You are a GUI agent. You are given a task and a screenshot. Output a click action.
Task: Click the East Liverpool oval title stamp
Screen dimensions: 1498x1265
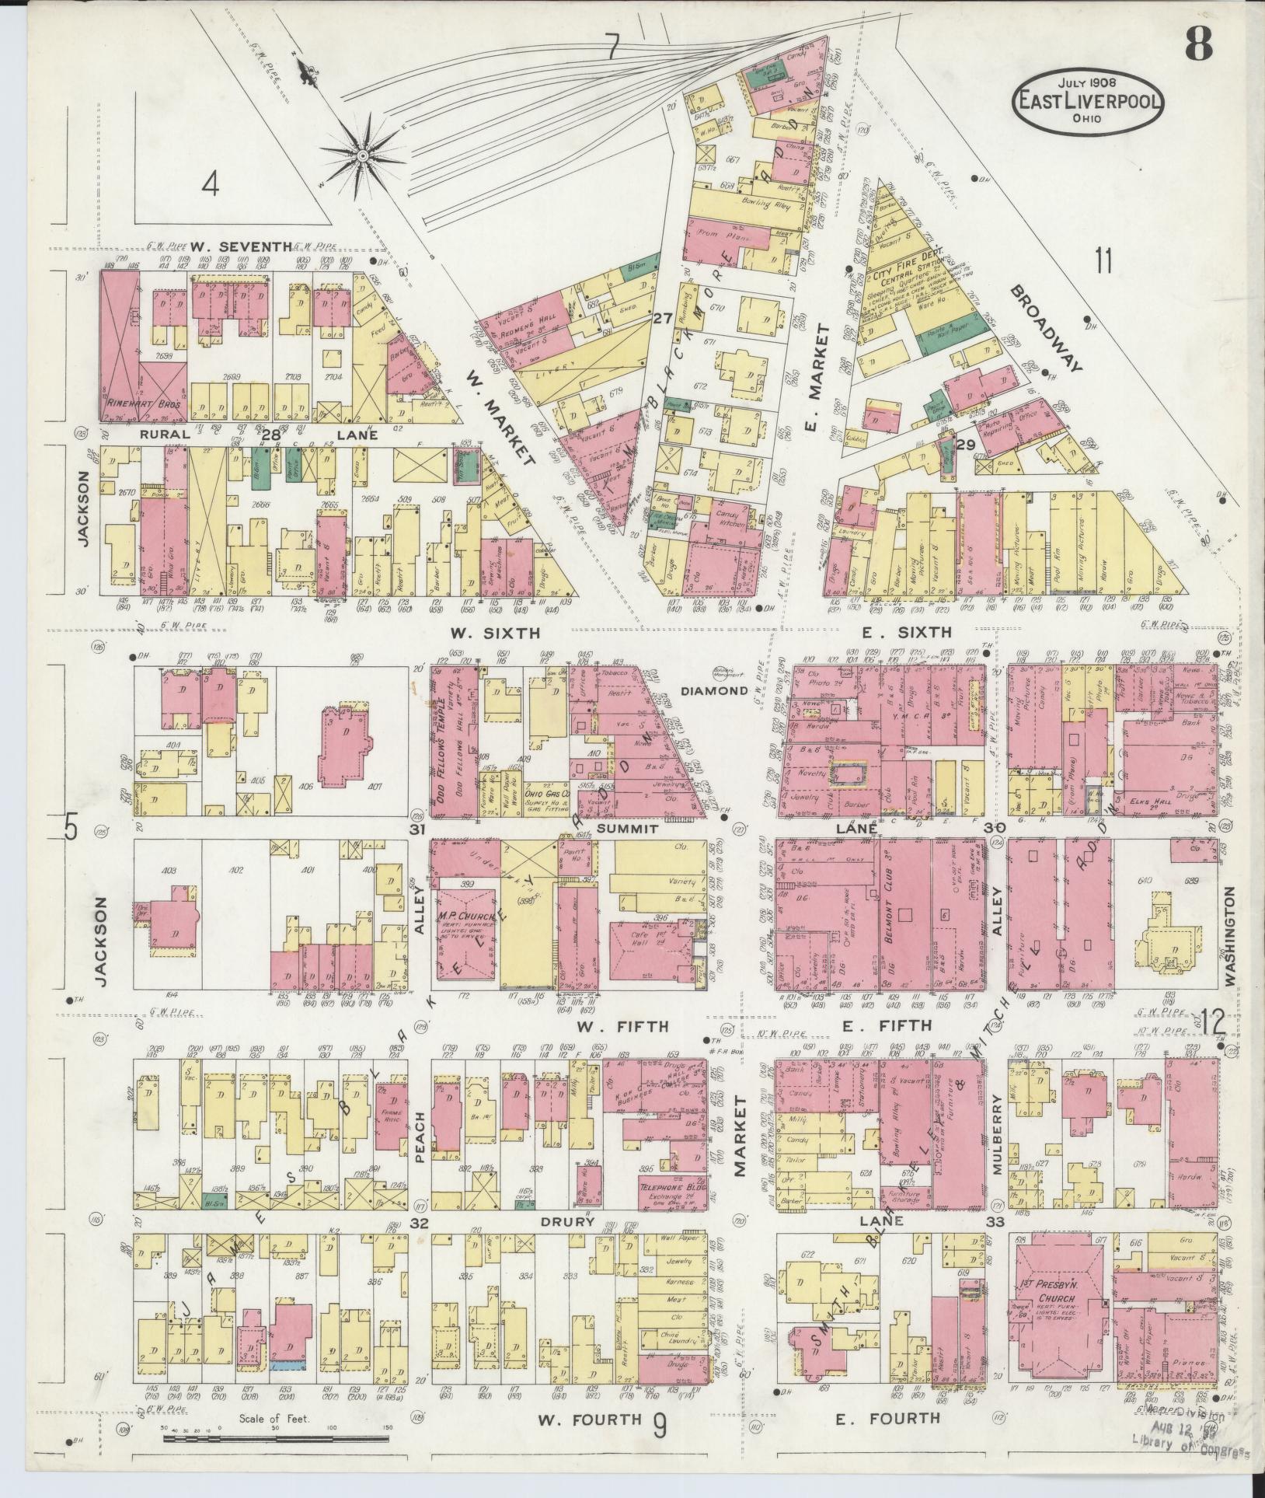click(x=1086, y=102)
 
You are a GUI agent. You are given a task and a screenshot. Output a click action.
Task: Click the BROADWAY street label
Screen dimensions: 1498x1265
click(x=1047, y=328)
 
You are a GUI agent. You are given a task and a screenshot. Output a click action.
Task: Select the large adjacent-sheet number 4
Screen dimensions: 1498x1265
click(x=210, y=185)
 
